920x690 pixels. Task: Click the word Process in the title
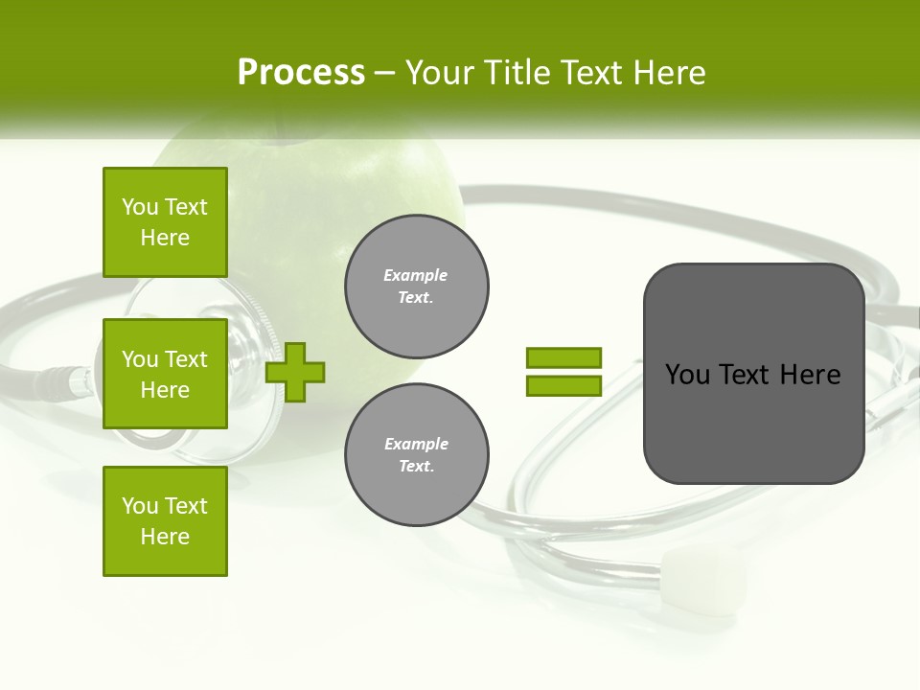coord(301,73)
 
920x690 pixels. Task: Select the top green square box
coord(165,222)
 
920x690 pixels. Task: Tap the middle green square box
coord(165,374)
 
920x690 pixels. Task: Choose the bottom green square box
coord(165,521)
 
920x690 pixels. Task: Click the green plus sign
coord(295,372)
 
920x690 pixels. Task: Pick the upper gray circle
coord(416,287)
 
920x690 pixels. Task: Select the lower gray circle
coord(416,455)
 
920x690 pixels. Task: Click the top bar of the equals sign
coord(563,357)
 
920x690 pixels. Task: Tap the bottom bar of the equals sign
coord(563,385)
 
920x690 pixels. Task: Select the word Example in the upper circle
coord(416,275)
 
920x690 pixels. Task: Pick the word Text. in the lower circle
coord(416,467)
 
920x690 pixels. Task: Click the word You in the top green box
coord(140,207)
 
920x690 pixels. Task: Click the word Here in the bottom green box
coord(165,537)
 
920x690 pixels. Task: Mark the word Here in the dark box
coord(810,375)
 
